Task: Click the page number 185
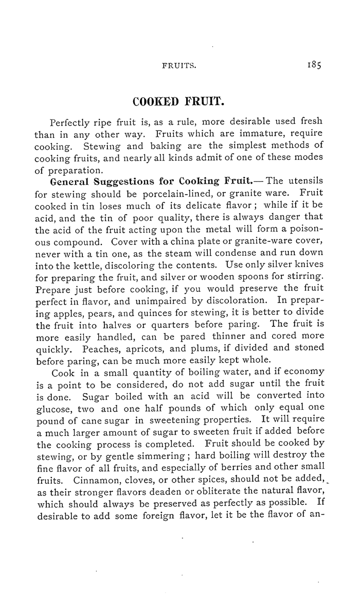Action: click(314, 66)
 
